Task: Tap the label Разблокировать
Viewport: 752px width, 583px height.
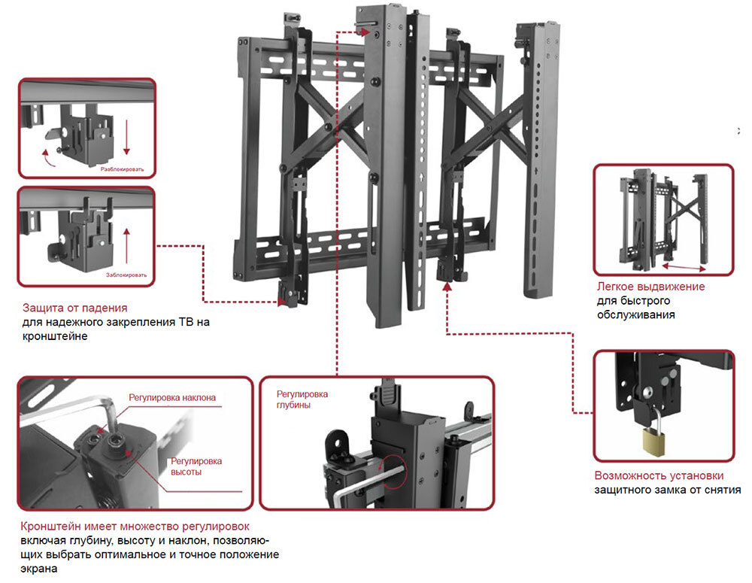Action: point(127,170)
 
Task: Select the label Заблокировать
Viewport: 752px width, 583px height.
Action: point(126,275)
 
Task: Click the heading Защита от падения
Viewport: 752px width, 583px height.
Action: point(74,308)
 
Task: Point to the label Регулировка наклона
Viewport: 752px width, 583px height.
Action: point(172,397)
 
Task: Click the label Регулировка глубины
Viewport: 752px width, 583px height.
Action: point(302,399)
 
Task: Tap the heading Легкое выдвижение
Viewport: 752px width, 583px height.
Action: point(650,287)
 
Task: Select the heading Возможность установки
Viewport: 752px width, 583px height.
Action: point(659,475)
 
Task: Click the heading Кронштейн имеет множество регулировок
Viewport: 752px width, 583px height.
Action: point(135,526)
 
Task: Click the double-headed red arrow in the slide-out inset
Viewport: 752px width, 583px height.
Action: point(685,266)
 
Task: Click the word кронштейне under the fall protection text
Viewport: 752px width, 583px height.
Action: point(55,336)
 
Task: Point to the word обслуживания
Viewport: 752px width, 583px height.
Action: point(635,315)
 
